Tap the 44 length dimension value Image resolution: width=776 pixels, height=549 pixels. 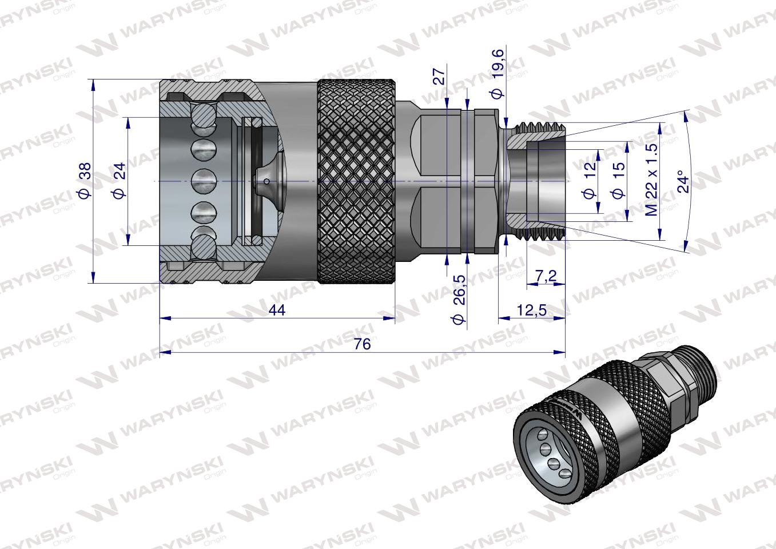coord(276,309)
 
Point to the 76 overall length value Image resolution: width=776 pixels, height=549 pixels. coord(362,344)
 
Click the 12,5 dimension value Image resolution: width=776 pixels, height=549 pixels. coord(532,309)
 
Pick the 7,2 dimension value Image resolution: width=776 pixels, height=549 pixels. coord(546,276)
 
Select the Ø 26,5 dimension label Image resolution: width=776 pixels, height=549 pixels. coord(457,300)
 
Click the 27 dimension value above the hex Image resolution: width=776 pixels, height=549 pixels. coord(439,77)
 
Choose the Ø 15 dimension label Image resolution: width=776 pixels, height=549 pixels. coord(618,181)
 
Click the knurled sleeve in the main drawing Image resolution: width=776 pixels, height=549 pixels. coord(356,181)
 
